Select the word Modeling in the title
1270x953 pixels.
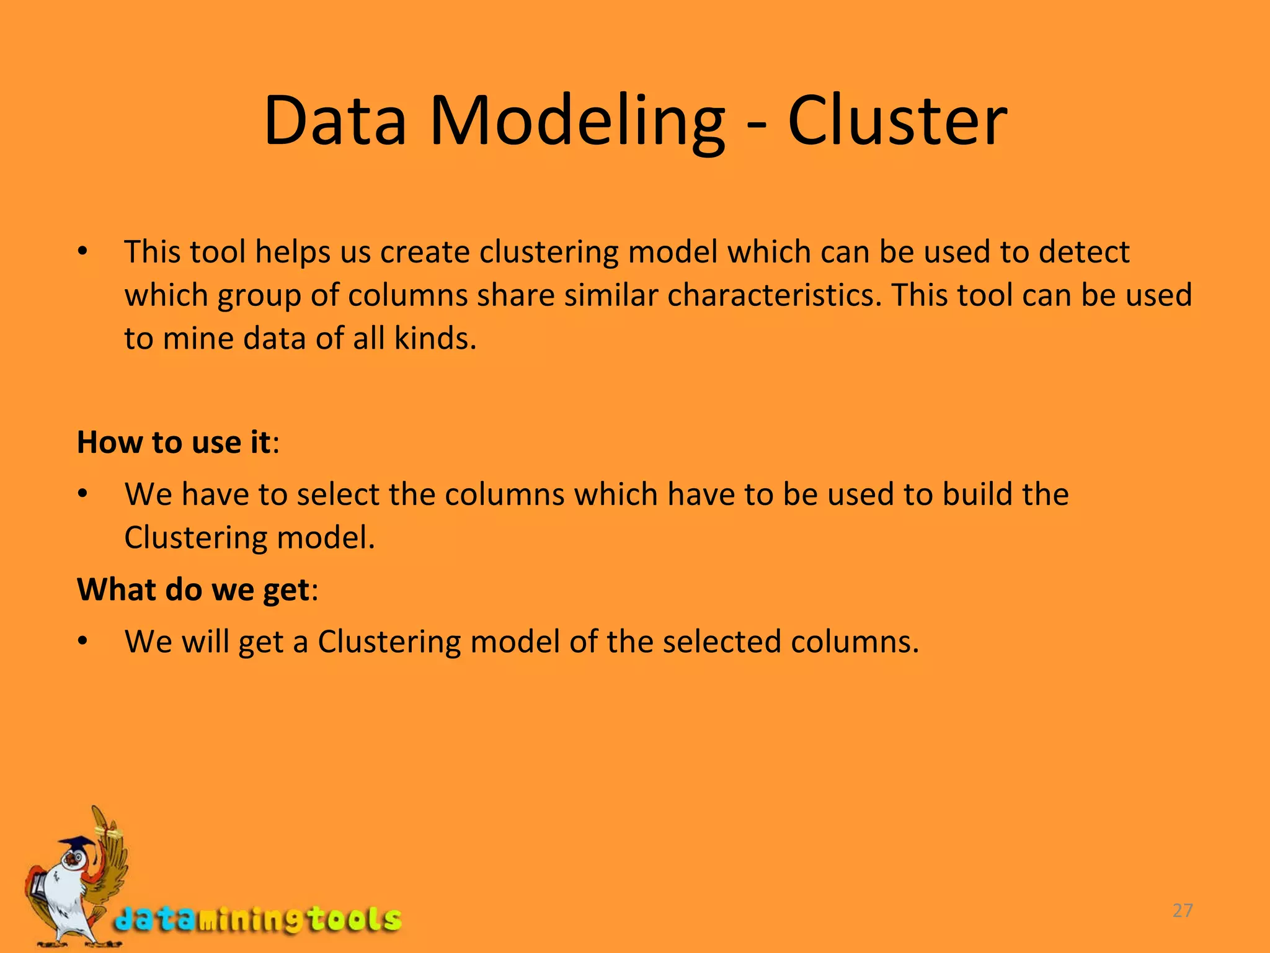pos(577,122)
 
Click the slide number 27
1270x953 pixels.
pos(1183,910)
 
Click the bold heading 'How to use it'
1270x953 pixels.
pos(174,442)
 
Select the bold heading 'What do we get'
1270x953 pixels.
pos(193,589)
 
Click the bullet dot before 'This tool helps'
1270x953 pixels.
pos(82,253)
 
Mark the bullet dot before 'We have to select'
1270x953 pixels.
pos(82,495)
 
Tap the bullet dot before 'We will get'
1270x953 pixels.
pos(82,642)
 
